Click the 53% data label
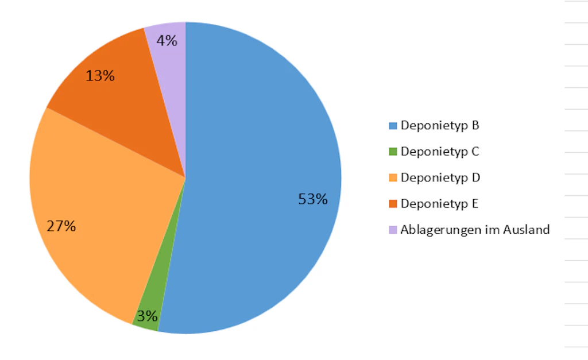pos(313,199)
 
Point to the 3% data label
pos(147,316)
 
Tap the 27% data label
pos(61,226)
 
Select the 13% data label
pos(100,76)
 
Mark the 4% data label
pos(167,41)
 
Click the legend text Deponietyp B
pos(440,125)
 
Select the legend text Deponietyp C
pos(440,152)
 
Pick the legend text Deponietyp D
pos(440,177)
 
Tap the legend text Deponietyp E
pos(439,204)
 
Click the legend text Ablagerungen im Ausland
pos(475,230)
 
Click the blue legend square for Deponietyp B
pos(393,126)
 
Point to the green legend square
pos(393,152)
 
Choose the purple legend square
pos(393,230)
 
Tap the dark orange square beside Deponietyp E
pos(393,204)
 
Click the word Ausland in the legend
pos(527,230)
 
